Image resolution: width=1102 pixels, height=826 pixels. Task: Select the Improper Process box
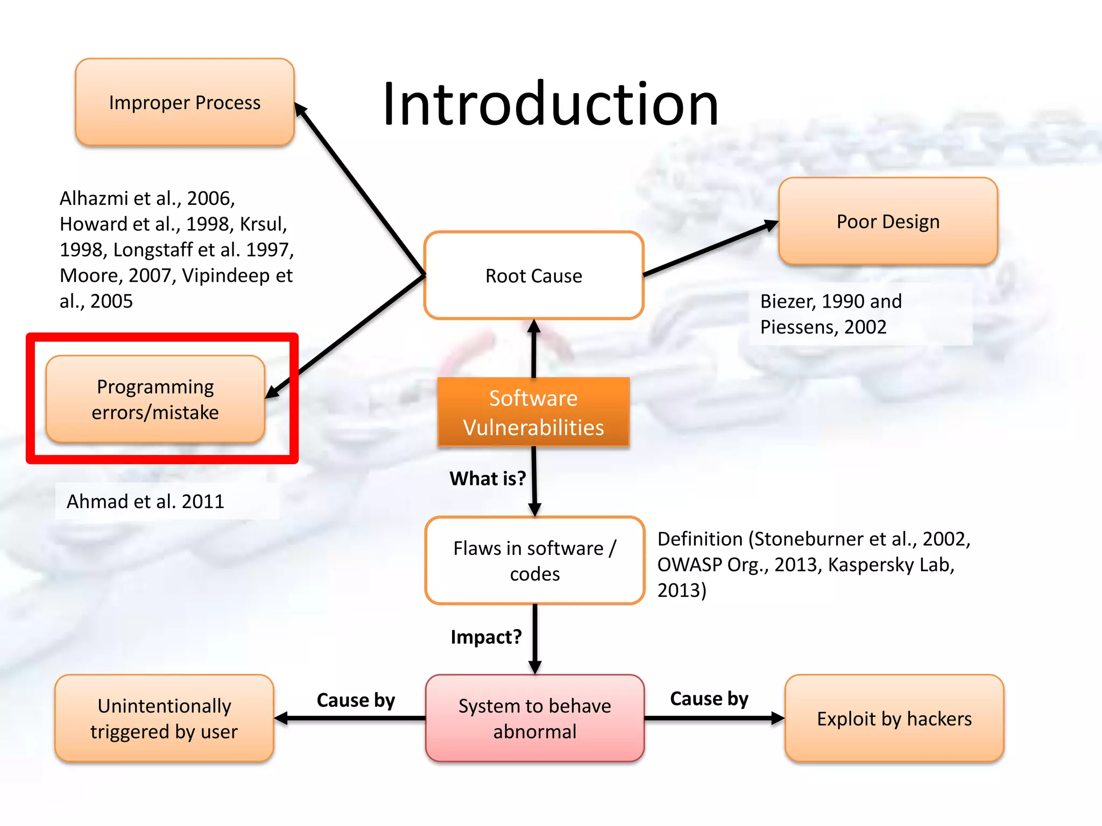pos(185,102)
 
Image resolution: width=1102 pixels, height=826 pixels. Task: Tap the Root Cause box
pos(533,275)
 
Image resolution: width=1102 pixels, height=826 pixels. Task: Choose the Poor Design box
pos(887,221)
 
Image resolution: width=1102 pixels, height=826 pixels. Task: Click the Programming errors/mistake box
pos(155,399)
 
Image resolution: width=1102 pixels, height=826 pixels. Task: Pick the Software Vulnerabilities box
pos(533,412)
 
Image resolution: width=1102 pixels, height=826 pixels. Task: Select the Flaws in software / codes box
pos(534,560)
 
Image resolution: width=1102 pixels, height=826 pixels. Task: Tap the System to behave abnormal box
pos(534,718)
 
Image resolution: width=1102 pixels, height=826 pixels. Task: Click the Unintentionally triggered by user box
pos(164,718)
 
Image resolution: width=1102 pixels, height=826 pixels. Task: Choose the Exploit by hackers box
pos(894,718)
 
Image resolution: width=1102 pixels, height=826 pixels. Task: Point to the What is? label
pos(488,478)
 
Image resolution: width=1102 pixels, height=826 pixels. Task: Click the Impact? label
pos(486,637)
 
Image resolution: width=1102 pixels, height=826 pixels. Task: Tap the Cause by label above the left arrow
pos(356,700)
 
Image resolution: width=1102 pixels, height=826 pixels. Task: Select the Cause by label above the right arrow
pos(709,698)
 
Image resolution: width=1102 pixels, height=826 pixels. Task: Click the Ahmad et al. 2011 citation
pos(145,501)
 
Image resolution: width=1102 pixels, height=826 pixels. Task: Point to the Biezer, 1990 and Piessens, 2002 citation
pos(830,314)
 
